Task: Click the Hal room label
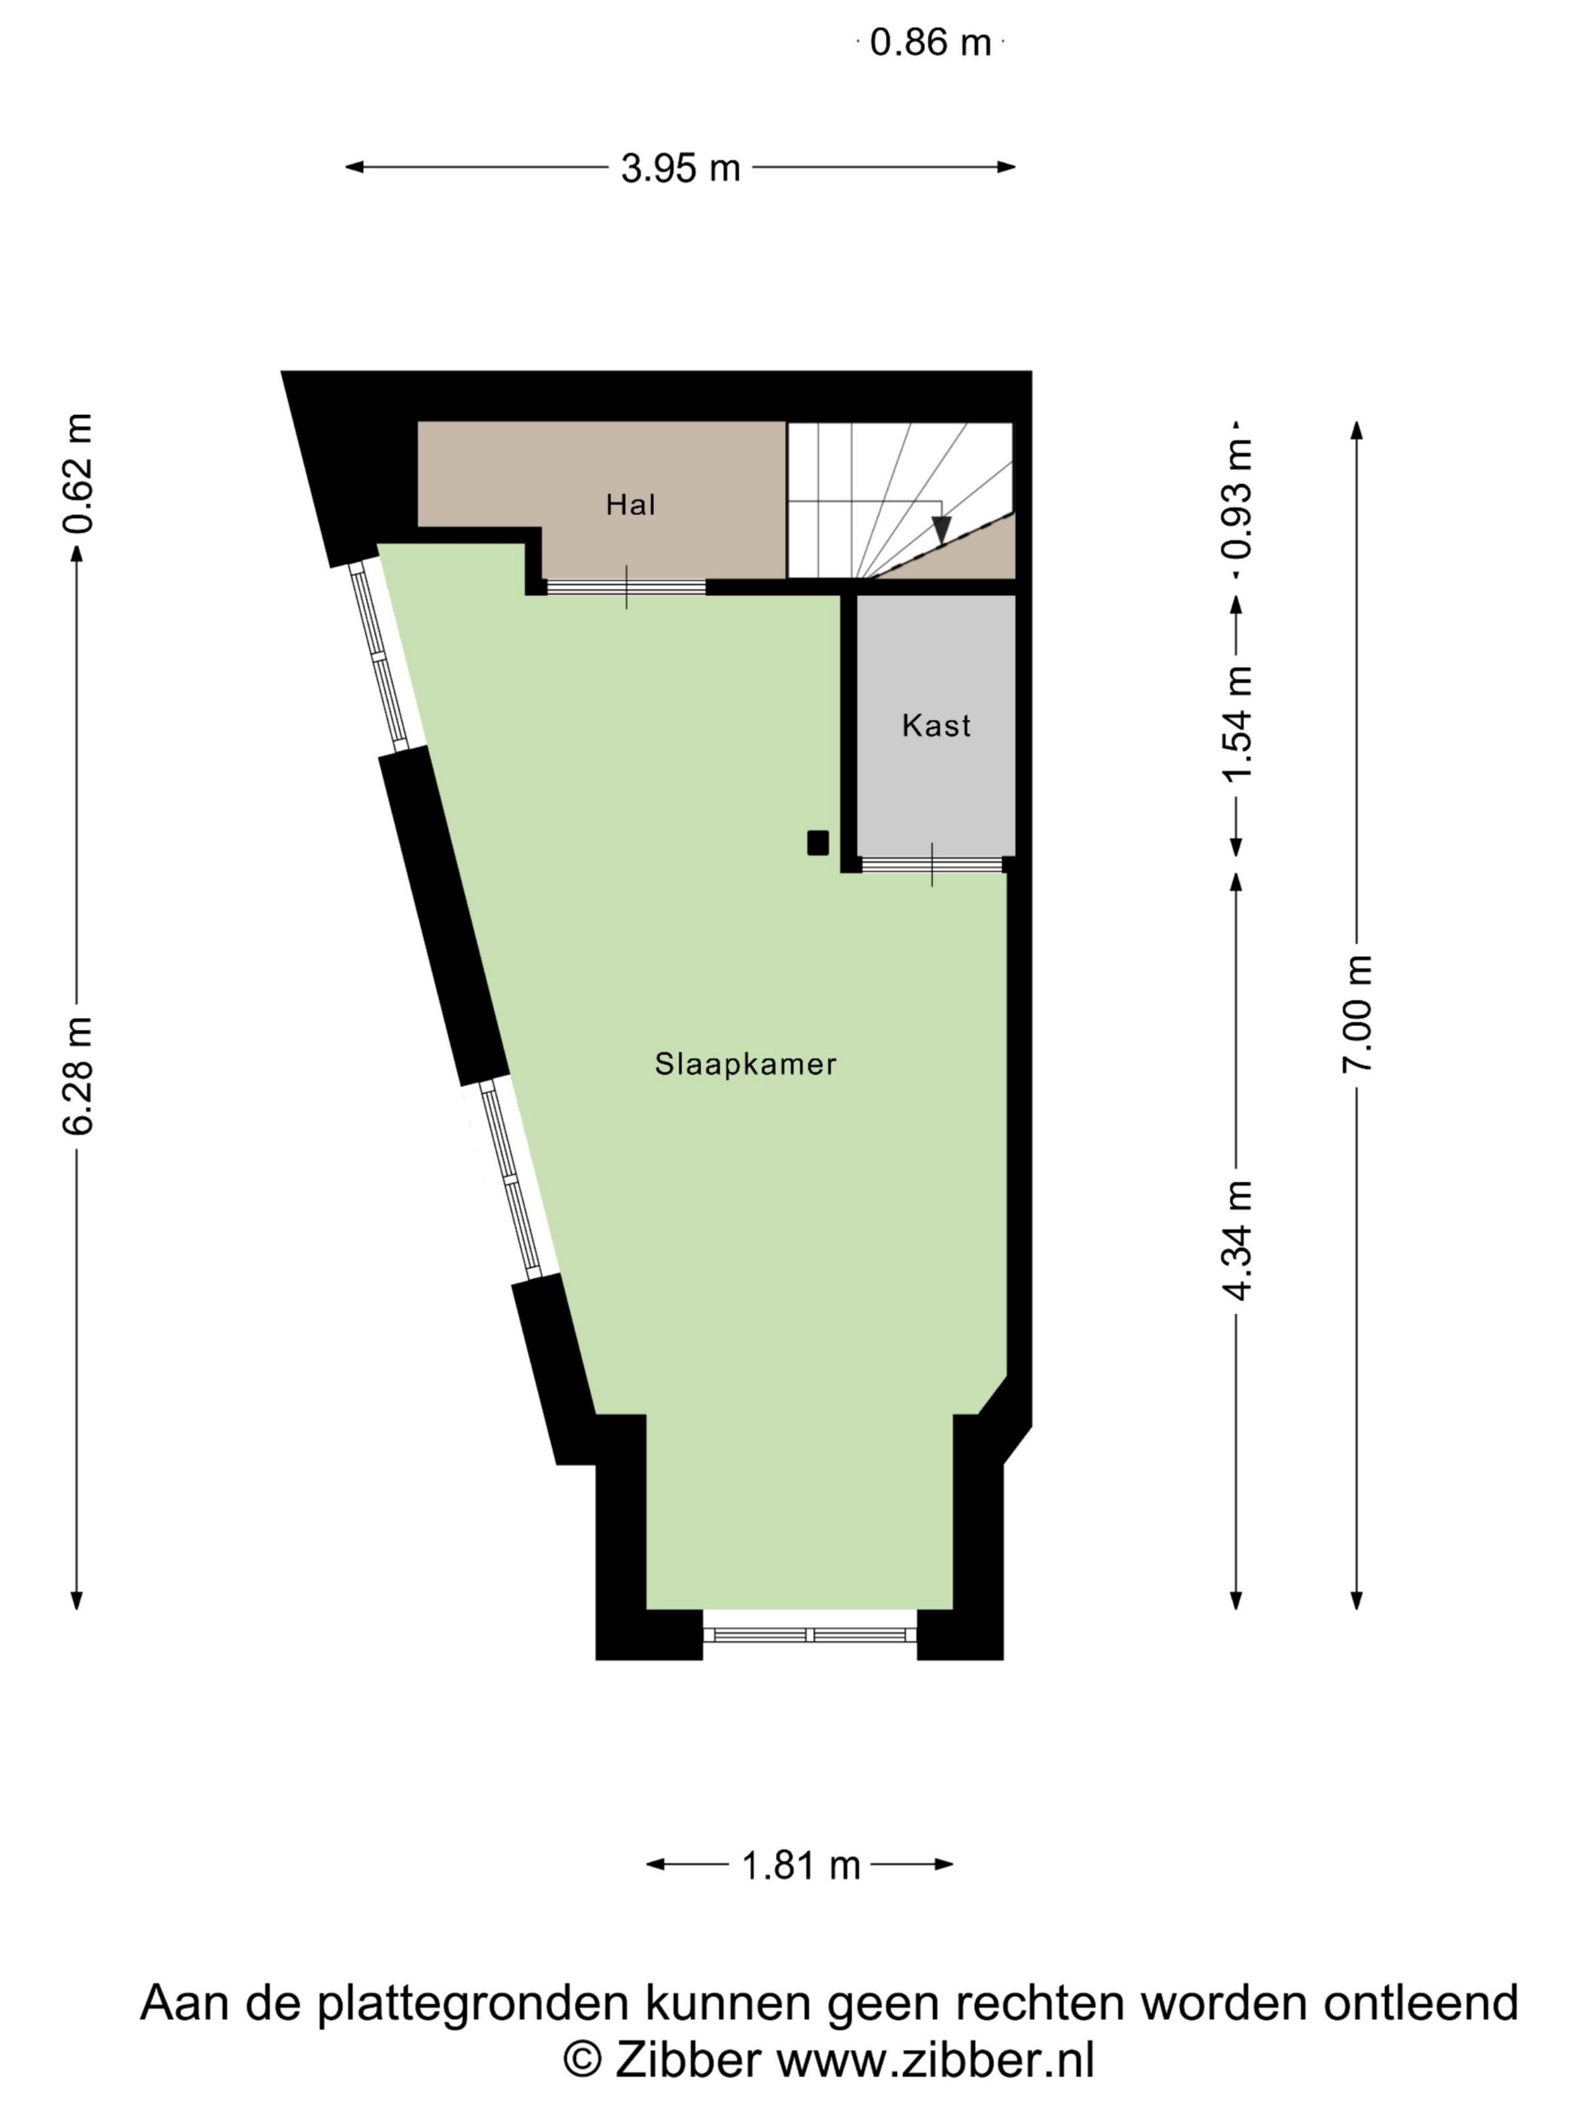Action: (630, 504)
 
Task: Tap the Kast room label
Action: (935, 725)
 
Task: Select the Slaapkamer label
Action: (745, 1064)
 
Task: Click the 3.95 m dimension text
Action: (680, 168)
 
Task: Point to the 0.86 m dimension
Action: (931, 43)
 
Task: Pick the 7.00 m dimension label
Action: (1357, 1013)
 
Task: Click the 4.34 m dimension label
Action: (1238, 1239)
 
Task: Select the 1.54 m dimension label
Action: (1238, 723)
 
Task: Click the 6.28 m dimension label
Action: (77, 1075)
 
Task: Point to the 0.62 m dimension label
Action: (77, 473)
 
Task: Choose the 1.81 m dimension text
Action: (801, 1866)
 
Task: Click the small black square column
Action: (817, 844)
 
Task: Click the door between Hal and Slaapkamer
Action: (626, 587)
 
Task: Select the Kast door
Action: (932, 865)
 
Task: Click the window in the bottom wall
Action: (810, 1635)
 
